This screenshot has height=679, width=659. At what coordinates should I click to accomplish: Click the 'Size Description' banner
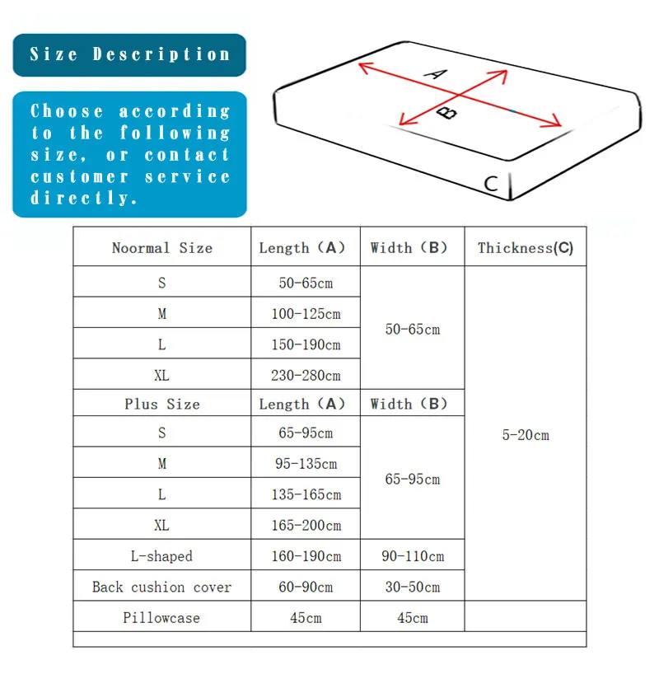click(129, 55)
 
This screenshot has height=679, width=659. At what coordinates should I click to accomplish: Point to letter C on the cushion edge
click(491, 184)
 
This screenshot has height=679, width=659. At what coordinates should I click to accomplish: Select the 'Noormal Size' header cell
click(161, 248)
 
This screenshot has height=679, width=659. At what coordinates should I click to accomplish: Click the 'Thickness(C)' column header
click(526, 248)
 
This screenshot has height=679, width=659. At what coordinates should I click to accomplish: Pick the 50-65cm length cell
click(306, 283)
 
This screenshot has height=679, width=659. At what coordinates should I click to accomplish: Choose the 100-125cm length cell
click(306, 314)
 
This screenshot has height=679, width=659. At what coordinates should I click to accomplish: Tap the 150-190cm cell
click(306, 344)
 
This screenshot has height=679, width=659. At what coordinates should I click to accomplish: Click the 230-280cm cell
click(306, 376)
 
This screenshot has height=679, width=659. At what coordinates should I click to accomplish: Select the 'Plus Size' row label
click(161, 404)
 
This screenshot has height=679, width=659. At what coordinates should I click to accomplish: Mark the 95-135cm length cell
click(306, 464)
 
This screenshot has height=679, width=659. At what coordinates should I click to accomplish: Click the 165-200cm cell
click(306, 526)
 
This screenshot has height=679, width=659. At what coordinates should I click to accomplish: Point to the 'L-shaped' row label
click(161, 556)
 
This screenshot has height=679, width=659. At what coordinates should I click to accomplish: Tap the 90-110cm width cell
click(413, 556)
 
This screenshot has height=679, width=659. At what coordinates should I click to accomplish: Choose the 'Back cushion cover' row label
click(161, 588)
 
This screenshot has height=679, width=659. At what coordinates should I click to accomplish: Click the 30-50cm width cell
click(413, 588)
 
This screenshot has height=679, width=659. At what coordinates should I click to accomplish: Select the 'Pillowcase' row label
click(161, 618)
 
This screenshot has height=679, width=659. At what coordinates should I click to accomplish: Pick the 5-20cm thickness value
click(526, 435)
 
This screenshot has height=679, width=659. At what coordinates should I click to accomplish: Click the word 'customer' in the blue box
click(80, 177)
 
